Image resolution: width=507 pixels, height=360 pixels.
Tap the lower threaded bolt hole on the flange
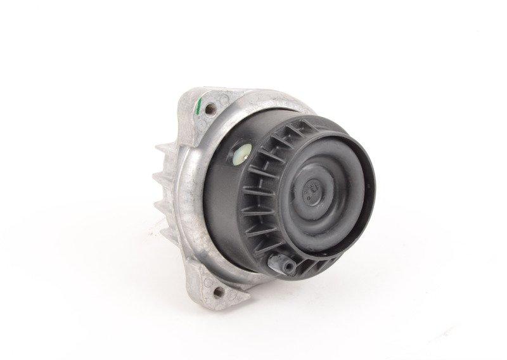220,292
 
